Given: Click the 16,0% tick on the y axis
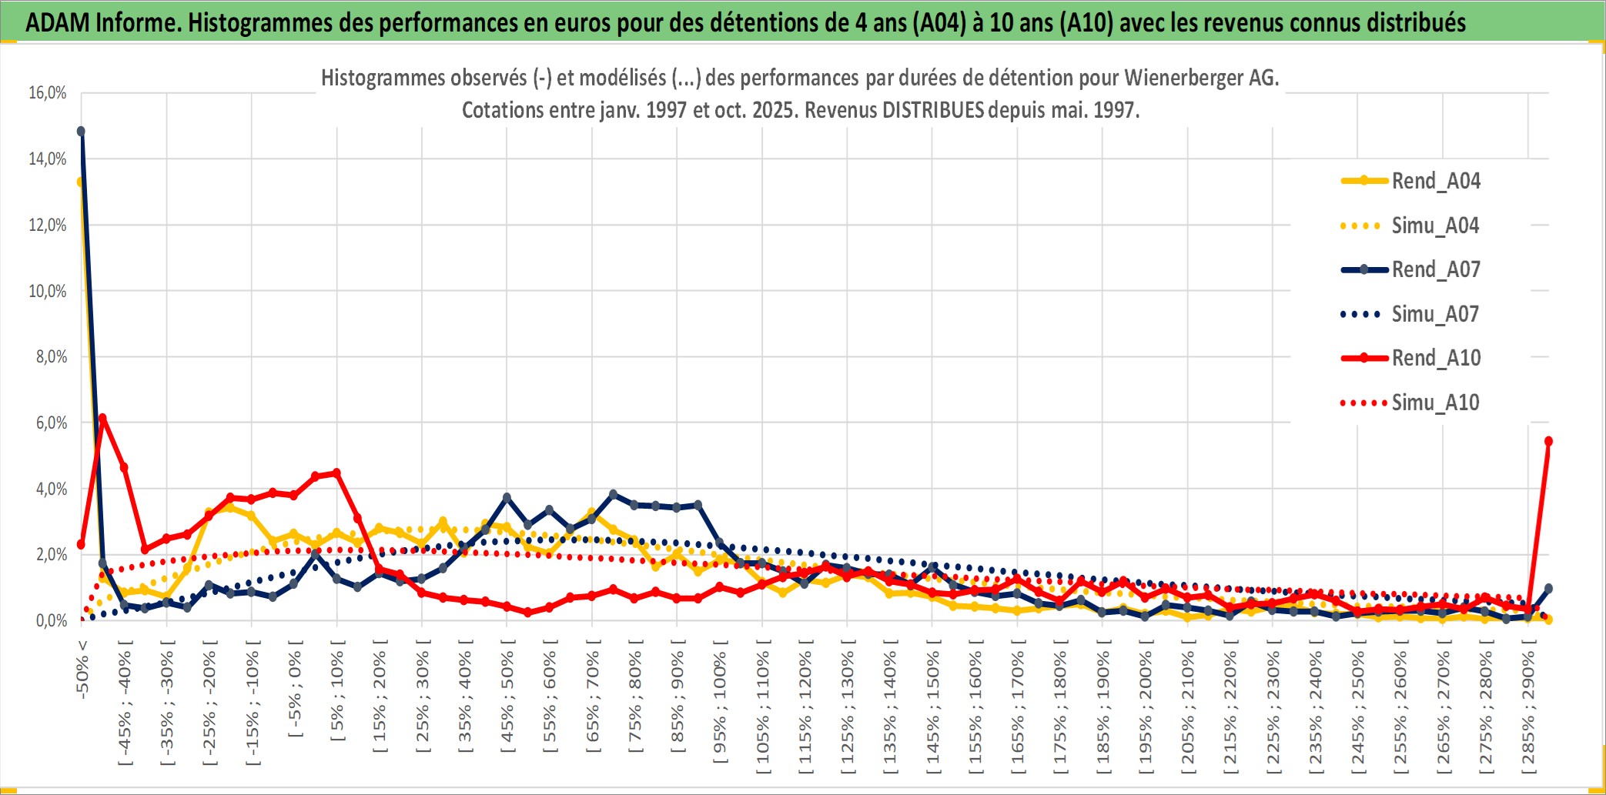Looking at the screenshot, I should (48, 93).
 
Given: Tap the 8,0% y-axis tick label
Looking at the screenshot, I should (51, 357).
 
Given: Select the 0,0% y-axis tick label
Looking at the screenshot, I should (51, 620).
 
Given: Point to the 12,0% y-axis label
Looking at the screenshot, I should (48, 225).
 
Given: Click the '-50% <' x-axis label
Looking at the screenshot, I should (82, 669).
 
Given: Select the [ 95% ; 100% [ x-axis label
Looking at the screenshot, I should (719, 706).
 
